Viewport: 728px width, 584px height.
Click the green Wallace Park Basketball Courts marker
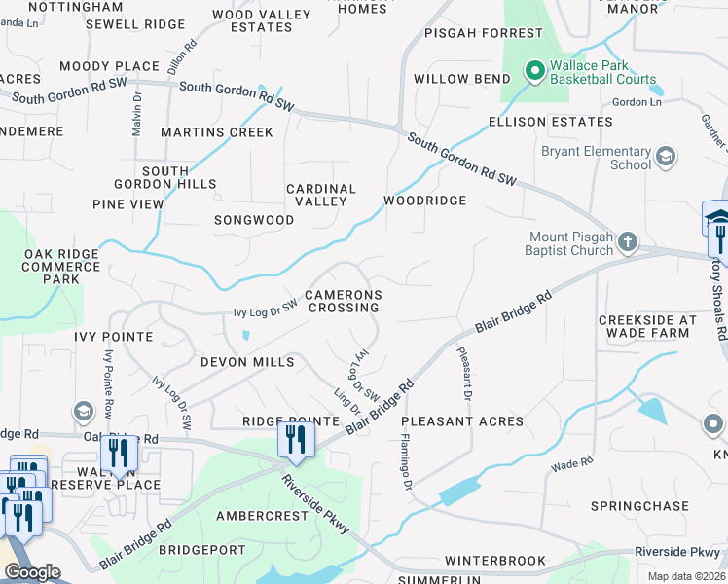(533, 71)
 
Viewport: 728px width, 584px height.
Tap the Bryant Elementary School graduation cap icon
(666, 157)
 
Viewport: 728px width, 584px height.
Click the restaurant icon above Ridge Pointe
(293, 439)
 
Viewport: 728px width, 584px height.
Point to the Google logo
(32, 572)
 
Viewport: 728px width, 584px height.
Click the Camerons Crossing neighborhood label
(343, 301)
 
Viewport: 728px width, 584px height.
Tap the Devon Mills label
(247, 362)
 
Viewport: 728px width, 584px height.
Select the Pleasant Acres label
(462, 421)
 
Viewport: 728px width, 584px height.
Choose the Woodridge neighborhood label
(424, 201)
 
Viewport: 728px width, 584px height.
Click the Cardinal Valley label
(321, 195)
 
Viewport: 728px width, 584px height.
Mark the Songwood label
(254, 220)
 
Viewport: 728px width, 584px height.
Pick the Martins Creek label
(217, 131)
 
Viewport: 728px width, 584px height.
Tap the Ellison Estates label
(551, 122)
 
